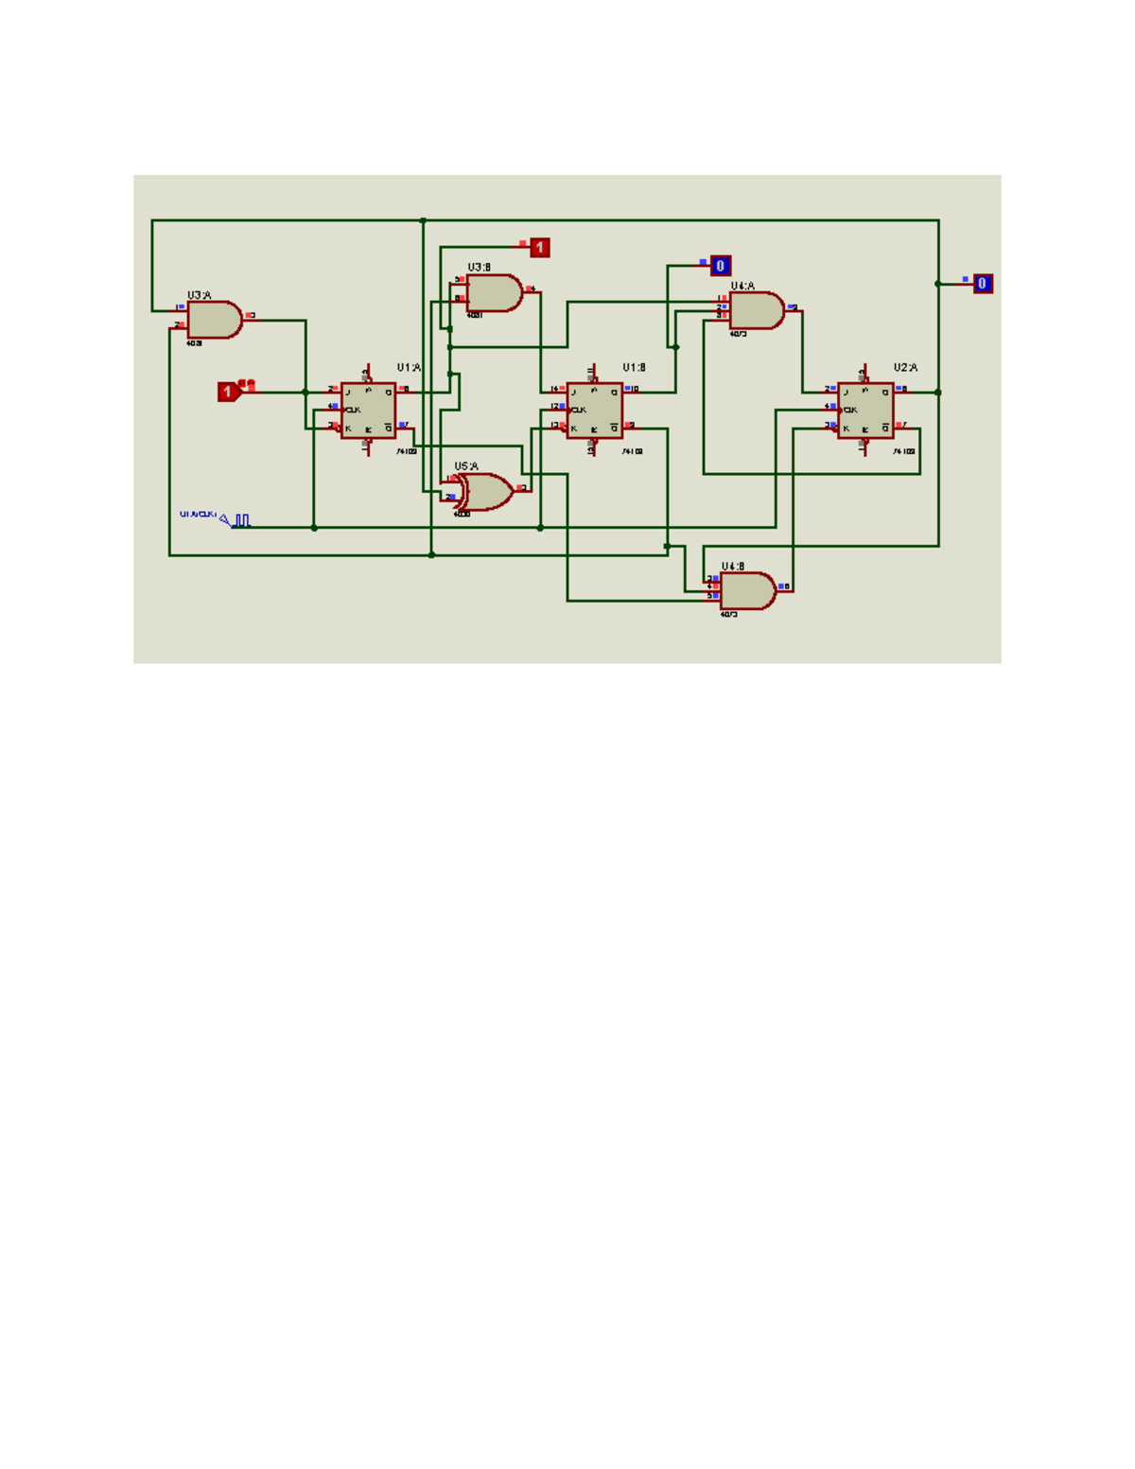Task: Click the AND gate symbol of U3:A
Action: (214, 320)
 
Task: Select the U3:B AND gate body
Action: (493, 293)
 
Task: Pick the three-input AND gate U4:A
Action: (756, 310)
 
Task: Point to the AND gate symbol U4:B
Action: (747, 591)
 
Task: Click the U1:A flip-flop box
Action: (368, 411)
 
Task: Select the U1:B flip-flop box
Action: (594, 411)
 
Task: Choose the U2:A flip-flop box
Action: (865, 411)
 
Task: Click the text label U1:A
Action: (409, 367)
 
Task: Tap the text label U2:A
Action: (905, 367)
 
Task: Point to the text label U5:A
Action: (466, 466)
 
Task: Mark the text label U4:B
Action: (733, 567)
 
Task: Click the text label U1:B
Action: (634, 367)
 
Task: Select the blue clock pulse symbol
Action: (242, 520)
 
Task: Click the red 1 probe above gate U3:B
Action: (539, 248)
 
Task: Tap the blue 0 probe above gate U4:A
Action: (721, 266)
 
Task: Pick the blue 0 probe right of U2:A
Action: (983, 284)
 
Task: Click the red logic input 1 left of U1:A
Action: (228, 392)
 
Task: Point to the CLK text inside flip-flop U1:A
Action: (353, 410)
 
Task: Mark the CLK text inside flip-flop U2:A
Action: (850, 410)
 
